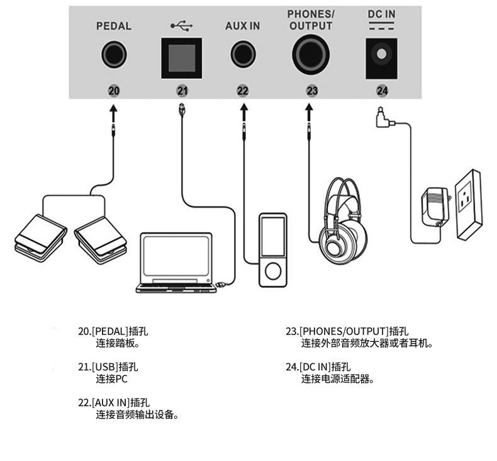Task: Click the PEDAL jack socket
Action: [x=114, y=54]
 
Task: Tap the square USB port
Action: [x=182, y=59]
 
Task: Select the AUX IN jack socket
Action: [x=243, y=54]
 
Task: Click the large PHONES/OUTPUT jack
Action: [x=311, y=55]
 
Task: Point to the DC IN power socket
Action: [x=382, y=59]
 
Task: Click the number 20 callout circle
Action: [x=114, y=91]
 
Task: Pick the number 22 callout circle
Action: [x=243, y=91]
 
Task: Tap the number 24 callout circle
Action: [x=382, y=91]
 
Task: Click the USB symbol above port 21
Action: [x=182, y=26]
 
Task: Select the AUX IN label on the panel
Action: [x=242, y=26]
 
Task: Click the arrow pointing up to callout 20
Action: [x=113, y=113]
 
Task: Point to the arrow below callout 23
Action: [x=309, y=113]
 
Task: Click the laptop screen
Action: [x=176, y=256]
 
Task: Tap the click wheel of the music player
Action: [x=273, y=271]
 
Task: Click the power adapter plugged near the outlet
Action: [x=435, y=206]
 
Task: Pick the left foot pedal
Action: [x=41, y=237]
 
